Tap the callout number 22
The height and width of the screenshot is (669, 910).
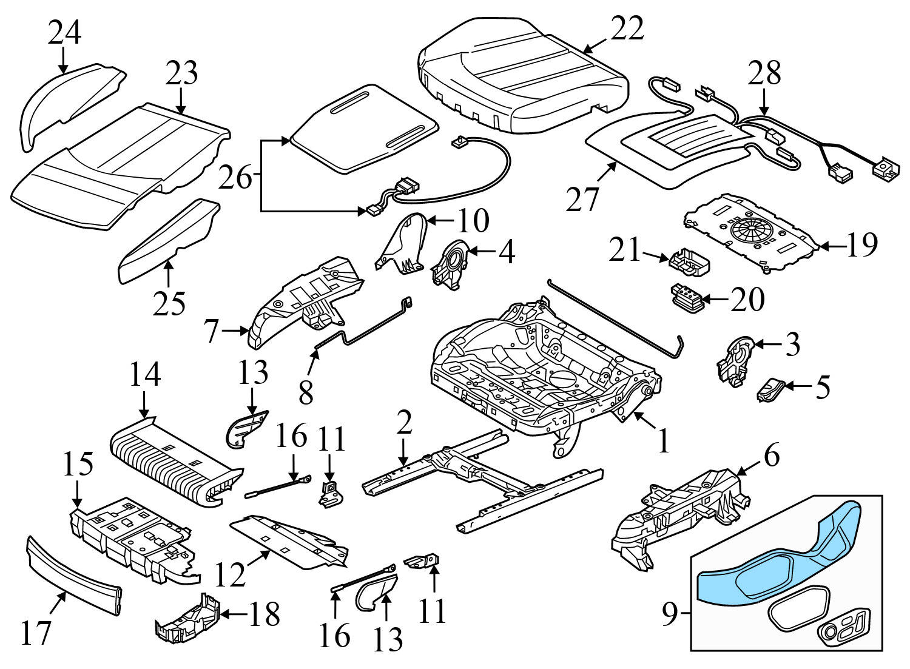tap(626, 28)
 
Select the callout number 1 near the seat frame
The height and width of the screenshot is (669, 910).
tap(664, 441)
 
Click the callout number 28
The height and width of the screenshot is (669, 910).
tap(764, 73)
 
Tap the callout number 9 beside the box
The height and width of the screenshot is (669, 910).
tap(669, 615)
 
